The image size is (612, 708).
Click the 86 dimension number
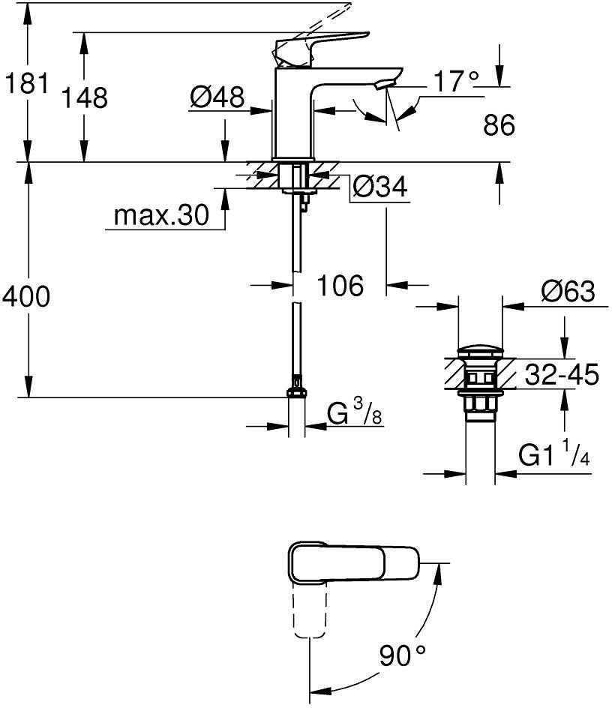pyautogui.click(x=499, y=125)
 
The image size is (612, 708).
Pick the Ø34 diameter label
pyautogui.click(x=379, y=187)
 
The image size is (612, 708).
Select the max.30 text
pyautogui.click(x=160, y=217)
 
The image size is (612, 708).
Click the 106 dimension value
pyautogui.click(x=338, y=285)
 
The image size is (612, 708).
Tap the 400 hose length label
pyautogui.click(x=26, y=297)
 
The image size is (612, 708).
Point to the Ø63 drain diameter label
pyautogui.click(x=567, y=290)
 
